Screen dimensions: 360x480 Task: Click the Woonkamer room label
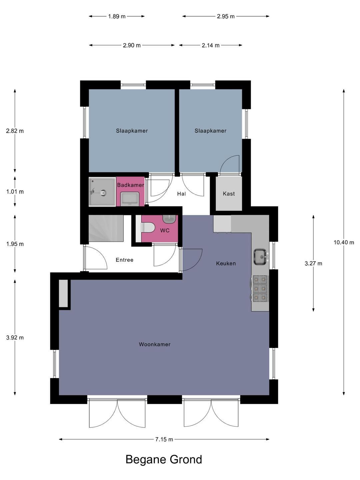click(x=155, y=344)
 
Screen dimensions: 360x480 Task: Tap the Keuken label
click(x=226, y=264)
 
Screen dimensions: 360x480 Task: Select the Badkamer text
click(x=130, y=185)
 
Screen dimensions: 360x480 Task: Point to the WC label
click(x=165, y=230)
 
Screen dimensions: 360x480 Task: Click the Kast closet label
click(x=229, y=194)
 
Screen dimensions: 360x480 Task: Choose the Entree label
click(x=125, y=260)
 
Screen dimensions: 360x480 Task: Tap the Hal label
click(x=181, y=194)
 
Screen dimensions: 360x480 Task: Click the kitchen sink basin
click(x=260, y=257)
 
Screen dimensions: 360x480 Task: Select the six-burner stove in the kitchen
click(x=260, y=288)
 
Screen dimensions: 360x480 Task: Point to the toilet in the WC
click(x=147, y=228)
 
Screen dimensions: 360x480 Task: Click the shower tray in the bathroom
click(x=102, y=192)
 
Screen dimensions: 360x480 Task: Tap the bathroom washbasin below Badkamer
click(x=130, y=199)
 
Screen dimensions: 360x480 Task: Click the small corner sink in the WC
click(x=169, y=219)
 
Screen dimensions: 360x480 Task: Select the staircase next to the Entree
click(x=106, y=228)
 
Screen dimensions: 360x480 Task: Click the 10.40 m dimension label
click(x=344, y=242)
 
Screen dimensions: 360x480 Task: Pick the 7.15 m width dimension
click(x=164, y=439)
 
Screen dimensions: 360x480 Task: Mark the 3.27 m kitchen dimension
click(x=313, y=264)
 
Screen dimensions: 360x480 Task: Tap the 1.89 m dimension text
click(x=117, y=16)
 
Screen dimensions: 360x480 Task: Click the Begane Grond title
click(x=164, y=459)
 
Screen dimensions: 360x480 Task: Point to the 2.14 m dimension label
click(x=210, y=45)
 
